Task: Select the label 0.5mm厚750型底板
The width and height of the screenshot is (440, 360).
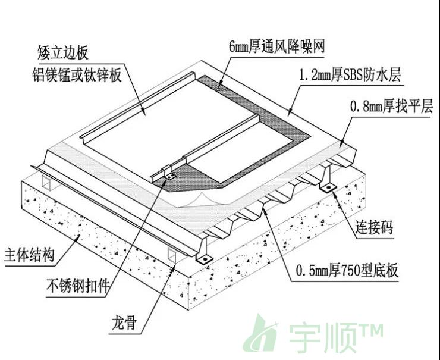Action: coord(347,271)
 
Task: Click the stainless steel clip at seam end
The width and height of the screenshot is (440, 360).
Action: coord(169,177)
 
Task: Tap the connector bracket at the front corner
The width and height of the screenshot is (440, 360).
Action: coord(204,258)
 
